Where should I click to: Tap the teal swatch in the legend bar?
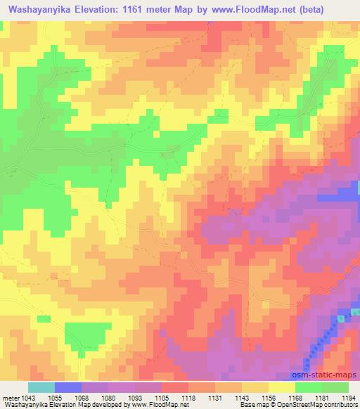click(41, 387)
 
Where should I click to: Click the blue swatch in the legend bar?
click(68, 387)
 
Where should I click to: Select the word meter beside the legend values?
click(10, 398)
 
